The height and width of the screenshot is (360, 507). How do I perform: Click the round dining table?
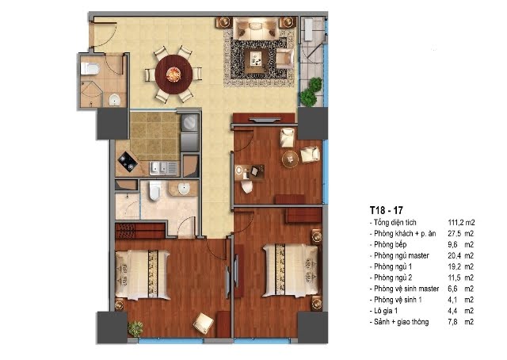[x=174, y=75]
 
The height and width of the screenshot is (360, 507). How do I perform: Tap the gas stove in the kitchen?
[x=128, y=161]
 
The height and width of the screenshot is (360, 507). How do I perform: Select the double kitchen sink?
[x=163, y=168]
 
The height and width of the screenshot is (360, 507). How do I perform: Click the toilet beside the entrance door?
[x=90, y=69]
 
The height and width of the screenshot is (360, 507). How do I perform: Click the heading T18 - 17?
[x=387, y=210]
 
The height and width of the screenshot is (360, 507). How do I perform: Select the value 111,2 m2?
[x=461, y=222]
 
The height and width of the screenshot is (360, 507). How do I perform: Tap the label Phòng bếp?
[x=390, y=244]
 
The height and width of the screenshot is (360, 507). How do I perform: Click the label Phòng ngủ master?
[x=402, y=255]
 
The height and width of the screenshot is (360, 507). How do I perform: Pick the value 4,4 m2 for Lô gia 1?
[x=461, y=311]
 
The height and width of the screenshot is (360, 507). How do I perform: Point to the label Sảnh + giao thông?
[x=402, y=322]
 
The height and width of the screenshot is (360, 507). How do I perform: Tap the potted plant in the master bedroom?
[x=135, y=329]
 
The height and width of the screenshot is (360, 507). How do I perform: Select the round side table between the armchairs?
[x=290, y=159]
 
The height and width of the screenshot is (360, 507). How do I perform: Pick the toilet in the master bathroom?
[x=155, y=190]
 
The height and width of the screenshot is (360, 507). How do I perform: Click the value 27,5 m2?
[x=461, y=233]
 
